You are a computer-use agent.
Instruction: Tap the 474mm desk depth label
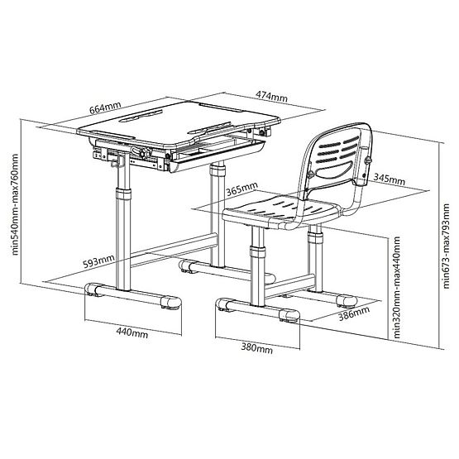tap(271, 98)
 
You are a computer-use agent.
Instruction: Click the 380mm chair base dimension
tap(256, 347)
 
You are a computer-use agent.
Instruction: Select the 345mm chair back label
tap(388, 178)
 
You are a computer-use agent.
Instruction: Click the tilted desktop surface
tap(165, 120)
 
